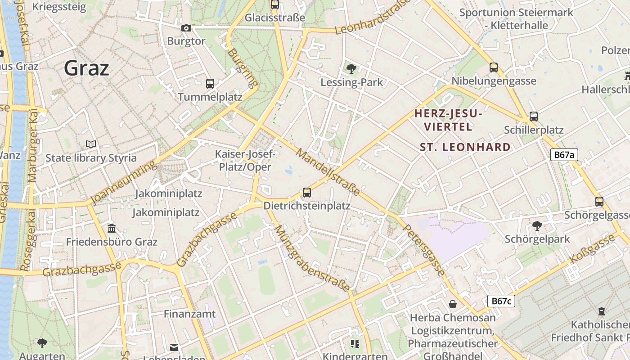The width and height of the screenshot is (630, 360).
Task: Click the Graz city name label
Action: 86,68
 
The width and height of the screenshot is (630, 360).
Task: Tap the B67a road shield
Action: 564,155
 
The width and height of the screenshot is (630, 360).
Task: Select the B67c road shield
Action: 501,301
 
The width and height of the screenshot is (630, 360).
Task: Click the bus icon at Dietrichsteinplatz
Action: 307,193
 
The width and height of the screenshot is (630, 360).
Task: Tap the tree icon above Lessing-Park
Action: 351,69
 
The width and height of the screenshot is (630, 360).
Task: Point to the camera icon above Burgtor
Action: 186,28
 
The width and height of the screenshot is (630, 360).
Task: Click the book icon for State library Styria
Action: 91,144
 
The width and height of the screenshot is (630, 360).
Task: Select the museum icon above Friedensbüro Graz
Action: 112,229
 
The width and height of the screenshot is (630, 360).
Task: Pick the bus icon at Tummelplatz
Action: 210,83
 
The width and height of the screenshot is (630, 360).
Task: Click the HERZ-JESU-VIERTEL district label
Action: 448,120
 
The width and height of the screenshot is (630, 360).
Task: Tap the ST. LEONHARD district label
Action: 465,147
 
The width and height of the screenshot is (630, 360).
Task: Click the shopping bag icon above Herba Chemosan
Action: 453,304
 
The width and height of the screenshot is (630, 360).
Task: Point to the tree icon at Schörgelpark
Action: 537,225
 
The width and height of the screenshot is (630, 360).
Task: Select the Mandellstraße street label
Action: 328,172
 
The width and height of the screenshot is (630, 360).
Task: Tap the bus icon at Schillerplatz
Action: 533,117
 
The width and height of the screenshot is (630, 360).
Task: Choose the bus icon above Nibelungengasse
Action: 494,67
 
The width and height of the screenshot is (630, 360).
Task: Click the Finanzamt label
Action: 189,314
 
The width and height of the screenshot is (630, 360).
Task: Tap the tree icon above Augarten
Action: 42,343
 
